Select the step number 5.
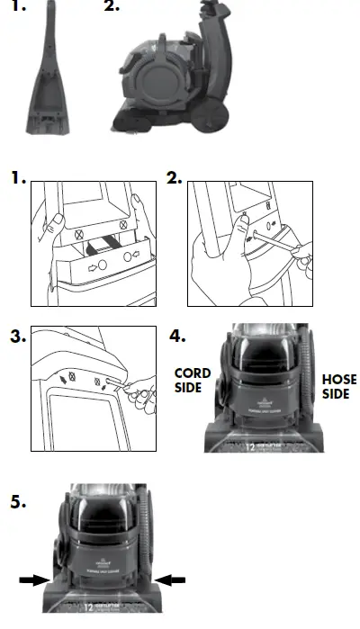[x=19, y=501]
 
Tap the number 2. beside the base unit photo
[x=111, y=7]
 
